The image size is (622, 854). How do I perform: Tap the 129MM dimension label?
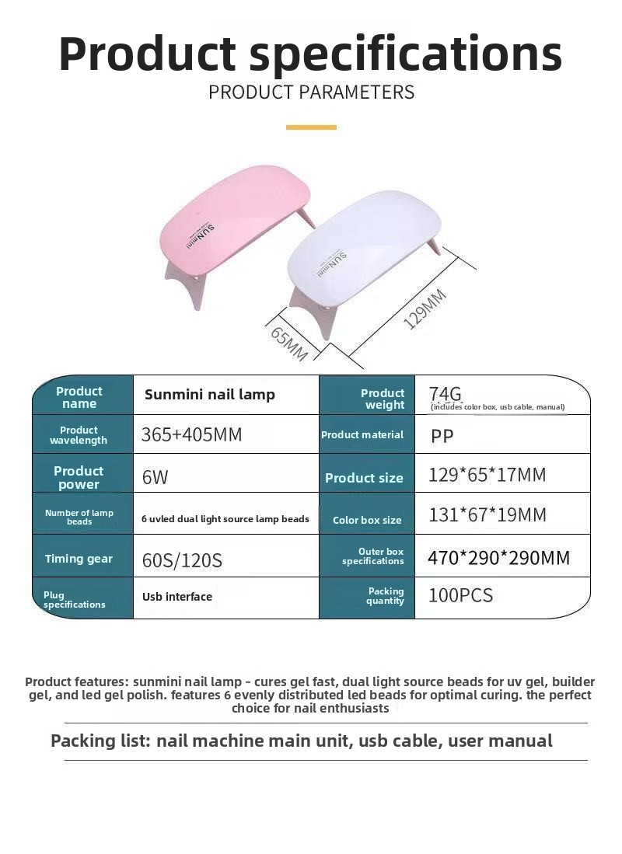point(426,308)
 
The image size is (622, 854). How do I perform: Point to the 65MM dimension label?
point(289,343)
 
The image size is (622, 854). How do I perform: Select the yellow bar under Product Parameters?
point(311,127)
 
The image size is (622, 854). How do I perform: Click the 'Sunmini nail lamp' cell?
point(210,395)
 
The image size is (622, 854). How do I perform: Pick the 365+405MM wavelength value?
point(191,434)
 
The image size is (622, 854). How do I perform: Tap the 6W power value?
point(155,477)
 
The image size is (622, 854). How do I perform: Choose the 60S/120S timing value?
point(182,559)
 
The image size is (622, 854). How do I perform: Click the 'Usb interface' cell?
point(177,597)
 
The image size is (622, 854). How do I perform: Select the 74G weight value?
point(446,393)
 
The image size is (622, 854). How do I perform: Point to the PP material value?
point(442,436)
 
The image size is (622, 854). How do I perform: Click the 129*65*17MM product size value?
point(487,475)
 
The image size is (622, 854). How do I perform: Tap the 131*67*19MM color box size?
point(487,514)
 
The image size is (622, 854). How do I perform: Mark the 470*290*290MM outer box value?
point(498,558)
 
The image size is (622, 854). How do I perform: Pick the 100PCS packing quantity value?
point(460,596)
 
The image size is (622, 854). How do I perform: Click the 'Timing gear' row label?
point(79,559)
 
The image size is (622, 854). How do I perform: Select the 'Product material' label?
point(362,435)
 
